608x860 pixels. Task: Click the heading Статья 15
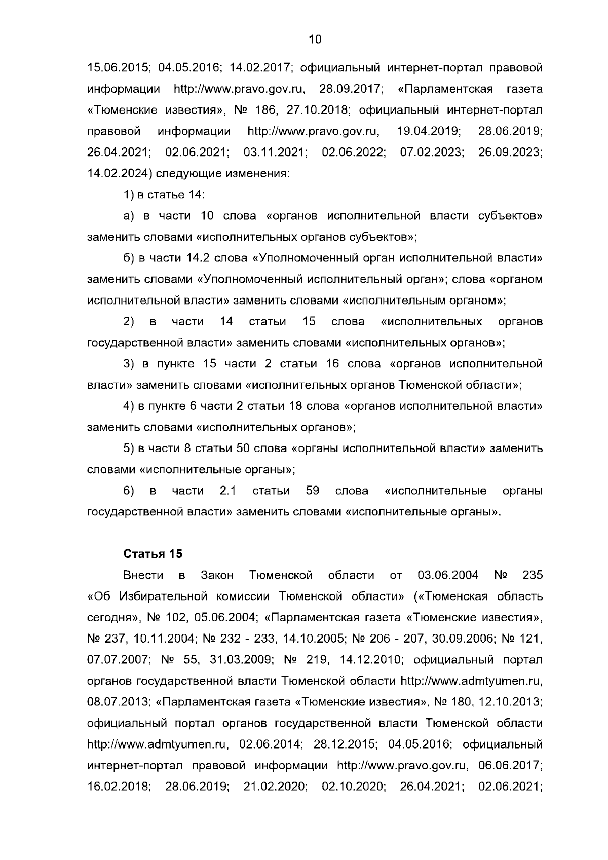[153, 554]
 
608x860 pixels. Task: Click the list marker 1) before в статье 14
[129, 195]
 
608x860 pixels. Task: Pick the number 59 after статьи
[313, 491]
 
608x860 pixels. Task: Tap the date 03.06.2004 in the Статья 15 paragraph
[448, 576]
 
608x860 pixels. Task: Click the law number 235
[531, 576]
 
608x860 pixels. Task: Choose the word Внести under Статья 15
[143, 576]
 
